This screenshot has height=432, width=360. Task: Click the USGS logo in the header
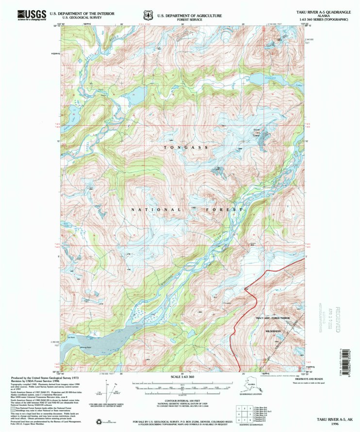coord(32,15)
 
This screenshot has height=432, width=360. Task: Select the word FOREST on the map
coord(227,210)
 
